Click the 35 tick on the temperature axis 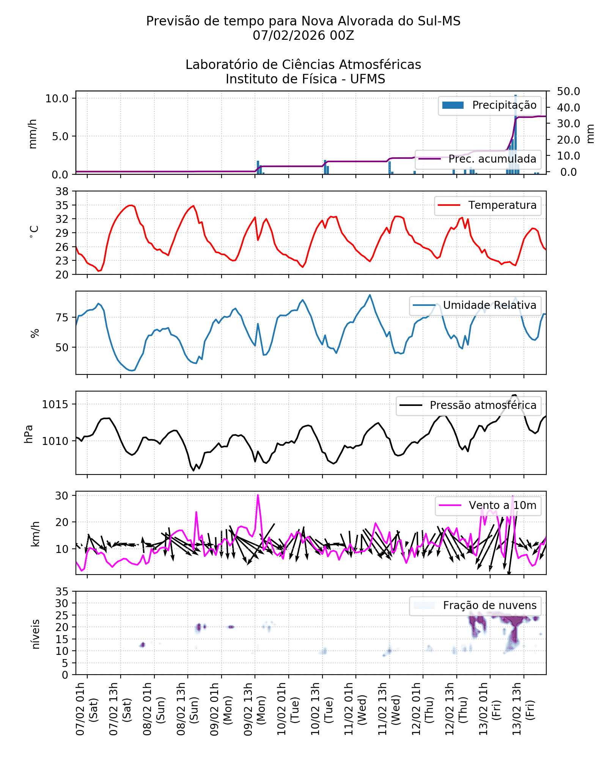coord(62,205)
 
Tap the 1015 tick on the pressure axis coord(55,405)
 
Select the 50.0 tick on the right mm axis coord(568,92)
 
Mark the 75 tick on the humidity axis coord(62,318)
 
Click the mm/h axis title coord(33,133)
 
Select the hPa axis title coord(29,434)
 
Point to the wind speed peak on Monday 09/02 coord(258,495)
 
